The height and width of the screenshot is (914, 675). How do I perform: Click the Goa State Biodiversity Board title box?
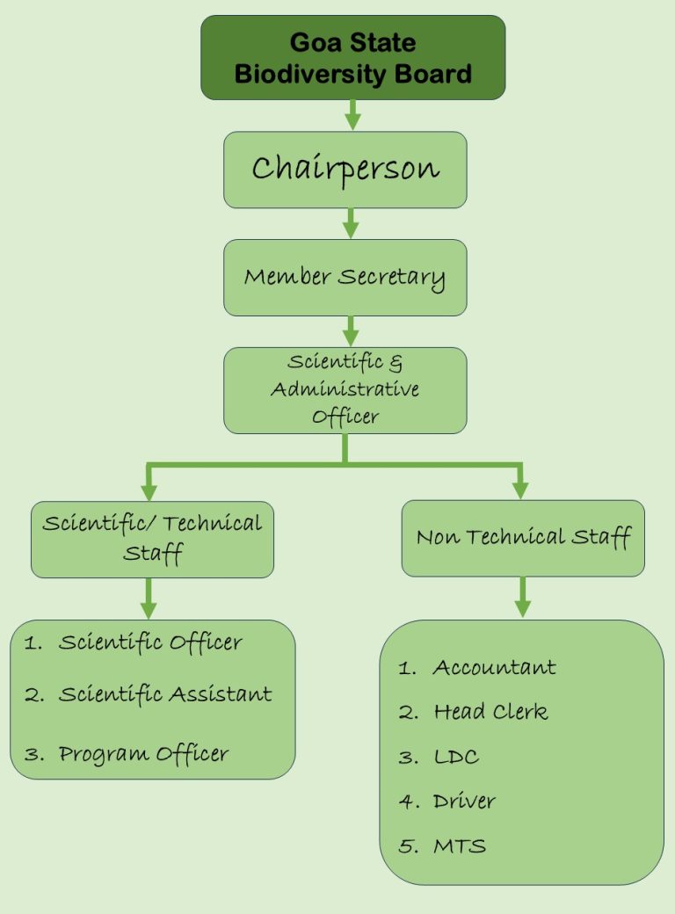(352, 57)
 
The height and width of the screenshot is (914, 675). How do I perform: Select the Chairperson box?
(345, 170)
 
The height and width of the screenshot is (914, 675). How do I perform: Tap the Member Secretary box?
(345, 278)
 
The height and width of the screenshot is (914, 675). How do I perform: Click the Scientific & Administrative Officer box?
(345, 389)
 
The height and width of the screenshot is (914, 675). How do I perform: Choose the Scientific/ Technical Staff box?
(152, 539)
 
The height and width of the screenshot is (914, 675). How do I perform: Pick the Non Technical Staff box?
(523, 538)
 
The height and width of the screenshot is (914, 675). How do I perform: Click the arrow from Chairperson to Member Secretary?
(351, 223)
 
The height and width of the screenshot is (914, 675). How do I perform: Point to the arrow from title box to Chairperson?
(352, 115)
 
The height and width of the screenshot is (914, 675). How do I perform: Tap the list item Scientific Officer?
(150, 643)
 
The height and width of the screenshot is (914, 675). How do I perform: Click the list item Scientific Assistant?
(165, 695)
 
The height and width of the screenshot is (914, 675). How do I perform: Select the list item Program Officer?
(143, 754)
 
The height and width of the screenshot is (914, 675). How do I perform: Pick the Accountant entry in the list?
(494, 668)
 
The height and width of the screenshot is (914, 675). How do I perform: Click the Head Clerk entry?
(490, 713)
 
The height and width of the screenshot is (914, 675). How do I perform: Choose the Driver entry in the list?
(464, 802)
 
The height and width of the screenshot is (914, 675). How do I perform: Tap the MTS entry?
(460, 847)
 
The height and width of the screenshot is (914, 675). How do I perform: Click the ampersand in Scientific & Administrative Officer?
(396, 362)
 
